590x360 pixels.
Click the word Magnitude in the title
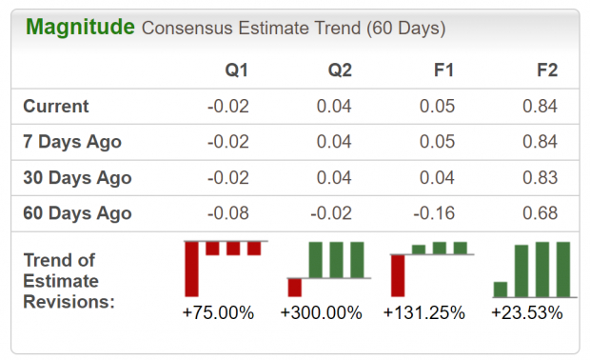point(80,27)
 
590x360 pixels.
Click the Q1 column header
point(235,70)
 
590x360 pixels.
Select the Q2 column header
point(339,70)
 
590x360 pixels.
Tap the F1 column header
point(444,70)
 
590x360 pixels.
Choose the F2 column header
point(546,70)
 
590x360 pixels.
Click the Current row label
point(56,107)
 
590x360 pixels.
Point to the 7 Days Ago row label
point(72,142)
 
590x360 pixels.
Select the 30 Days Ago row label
point(77,178)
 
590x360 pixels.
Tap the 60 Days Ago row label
point(77,213)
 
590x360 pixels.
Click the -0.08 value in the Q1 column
point(228,213)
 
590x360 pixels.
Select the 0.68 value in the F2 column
point(540,213)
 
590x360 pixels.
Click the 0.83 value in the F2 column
point(540,178)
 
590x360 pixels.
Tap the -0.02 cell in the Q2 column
point(332,213)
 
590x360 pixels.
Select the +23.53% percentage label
point(527,312)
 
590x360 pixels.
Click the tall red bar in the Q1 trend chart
point(191,269)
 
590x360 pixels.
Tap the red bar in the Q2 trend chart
point(295,288)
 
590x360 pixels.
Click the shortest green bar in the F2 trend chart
point(501,290)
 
